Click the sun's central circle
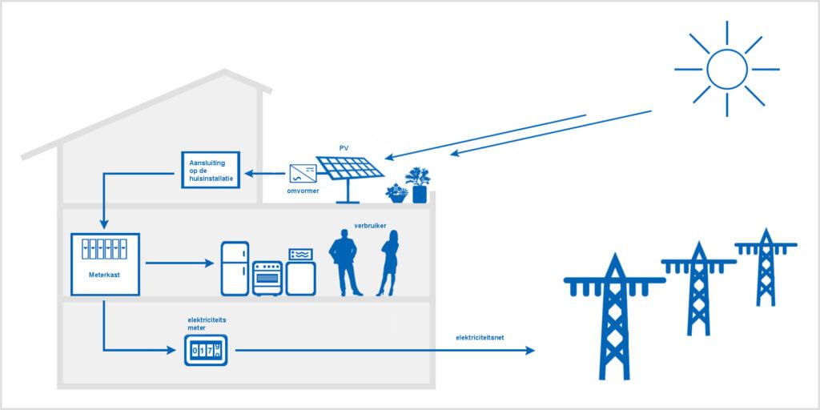pos(726,69)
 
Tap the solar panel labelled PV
pos(350,167)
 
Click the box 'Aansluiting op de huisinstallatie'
pos(211,168)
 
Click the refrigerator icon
pos(235,268)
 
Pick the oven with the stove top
pos(267,278)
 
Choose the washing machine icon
pos(301,272)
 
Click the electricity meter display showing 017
pos(206,350)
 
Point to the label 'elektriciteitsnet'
pos(480,337)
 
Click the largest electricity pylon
pos(614,316)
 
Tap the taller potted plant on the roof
pos(418,184)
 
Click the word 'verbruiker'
pos(371,226)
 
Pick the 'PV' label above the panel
pos(344,148)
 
